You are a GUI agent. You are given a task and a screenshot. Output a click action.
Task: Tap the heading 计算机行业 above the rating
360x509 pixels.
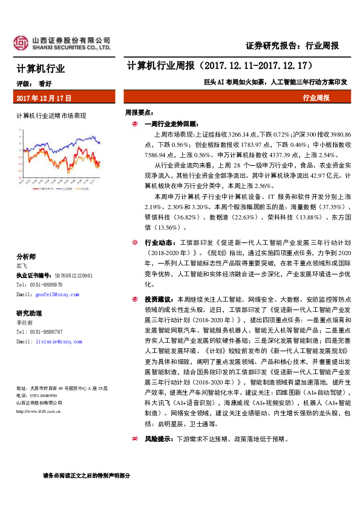[41, 68]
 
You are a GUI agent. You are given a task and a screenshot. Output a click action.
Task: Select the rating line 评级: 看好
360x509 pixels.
[34, 85]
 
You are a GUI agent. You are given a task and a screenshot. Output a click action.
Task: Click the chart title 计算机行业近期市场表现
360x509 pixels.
[51, 115]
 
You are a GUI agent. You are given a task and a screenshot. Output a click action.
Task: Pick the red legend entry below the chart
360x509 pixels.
[42, 189]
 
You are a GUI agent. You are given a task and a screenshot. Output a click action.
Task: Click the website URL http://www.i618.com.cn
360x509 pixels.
[38, 412]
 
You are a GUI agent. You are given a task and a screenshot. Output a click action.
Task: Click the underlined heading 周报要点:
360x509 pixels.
[139, 112]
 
